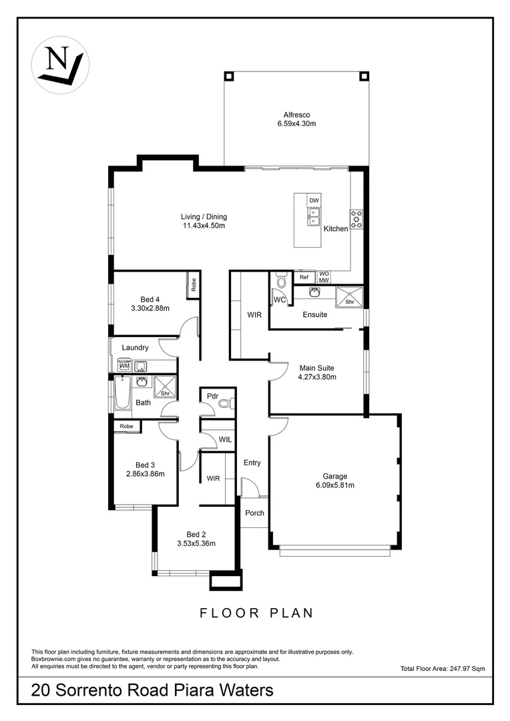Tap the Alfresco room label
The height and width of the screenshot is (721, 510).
pos(296,115)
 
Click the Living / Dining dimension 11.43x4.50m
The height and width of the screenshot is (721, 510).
pos(204,226)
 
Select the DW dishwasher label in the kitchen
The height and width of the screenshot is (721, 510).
pos(314,200)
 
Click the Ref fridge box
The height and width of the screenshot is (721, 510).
pos(304,277)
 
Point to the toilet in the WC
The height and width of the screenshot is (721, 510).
pos(281,282)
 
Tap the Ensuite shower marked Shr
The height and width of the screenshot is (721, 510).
pos(349,297)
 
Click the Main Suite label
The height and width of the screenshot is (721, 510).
pos(316,368)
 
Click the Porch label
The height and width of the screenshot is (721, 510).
pos(254,513)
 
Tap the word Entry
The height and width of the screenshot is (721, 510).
pos(252,463)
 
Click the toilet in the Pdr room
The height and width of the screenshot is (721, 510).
pos(226,403)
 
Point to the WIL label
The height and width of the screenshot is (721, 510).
pos(226,439)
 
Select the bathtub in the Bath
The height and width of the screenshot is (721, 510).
pos(123,395)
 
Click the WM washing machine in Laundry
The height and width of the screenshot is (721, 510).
pos(124,365)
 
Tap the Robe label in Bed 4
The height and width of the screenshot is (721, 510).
pos(194,285)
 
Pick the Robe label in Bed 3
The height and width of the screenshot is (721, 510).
pos(126,426)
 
